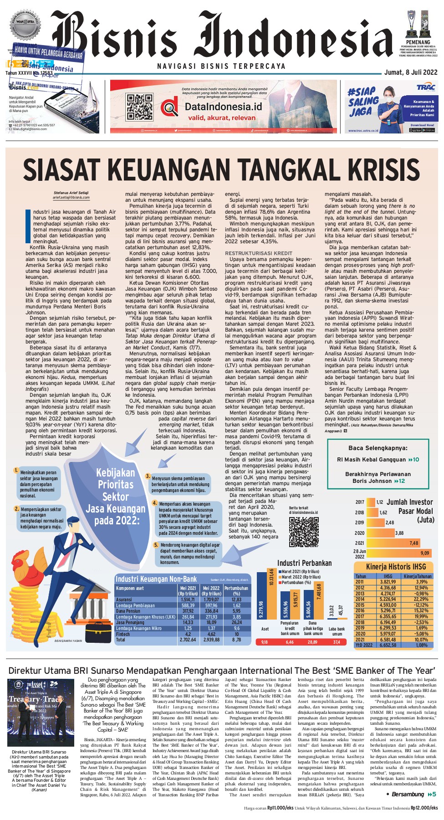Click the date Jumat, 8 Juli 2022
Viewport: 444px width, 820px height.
click(x=410, y=72)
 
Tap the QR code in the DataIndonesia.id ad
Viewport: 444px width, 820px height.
click(x=139, y=107)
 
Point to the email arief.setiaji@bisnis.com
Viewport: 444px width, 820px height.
click(x=71, y=198)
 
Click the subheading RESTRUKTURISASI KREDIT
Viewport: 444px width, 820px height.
click(x=259, y=253)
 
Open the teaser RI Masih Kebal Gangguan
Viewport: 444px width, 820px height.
click(x=378, y=460)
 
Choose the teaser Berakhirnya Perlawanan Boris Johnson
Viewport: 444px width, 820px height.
click(x=378, y=477)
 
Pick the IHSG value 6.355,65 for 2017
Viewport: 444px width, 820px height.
click(x=388, y=616)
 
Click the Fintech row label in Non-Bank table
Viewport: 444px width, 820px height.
click(x=123, y=634)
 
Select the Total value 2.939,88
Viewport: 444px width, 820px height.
click(x=211, y=640)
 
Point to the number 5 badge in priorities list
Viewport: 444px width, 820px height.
click(x=156, y=545)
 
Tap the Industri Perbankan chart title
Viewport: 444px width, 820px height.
click(x=304, y=563)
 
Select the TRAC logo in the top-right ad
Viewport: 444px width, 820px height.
click(x=425, y=87)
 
